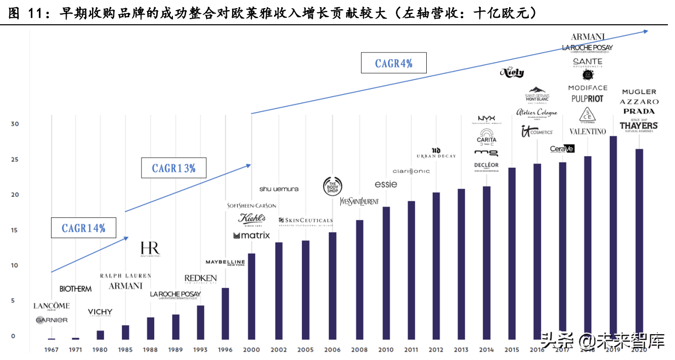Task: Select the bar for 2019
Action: pos(613,238)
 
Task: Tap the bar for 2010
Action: pos(386,273)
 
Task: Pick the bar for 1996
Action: pos(226,313)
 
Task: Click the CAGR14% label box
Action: pos(83,228)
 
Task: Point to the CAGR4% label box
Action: pos(393,63)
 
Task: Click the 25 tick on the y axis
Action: pos(14,160)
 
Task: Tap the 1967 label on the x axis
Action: pos(51,349)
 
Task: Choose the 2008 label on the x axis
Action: pos(360,349)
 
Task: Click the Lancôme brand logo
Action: pos(52,306)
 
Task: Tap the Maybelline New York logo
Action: pos(226,262)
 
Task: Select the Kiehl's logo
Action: pos(252,219)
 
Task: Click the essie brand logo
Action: pos(386,184)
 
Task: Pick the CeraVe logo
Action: pos(562,149)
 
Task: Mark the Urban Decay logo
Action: pos(436,153)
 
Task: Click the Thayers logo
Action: pos(639,126)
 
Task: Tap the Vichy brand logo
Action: pos(100,312)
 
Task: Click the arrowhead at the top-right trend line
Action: pos(645,31)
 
